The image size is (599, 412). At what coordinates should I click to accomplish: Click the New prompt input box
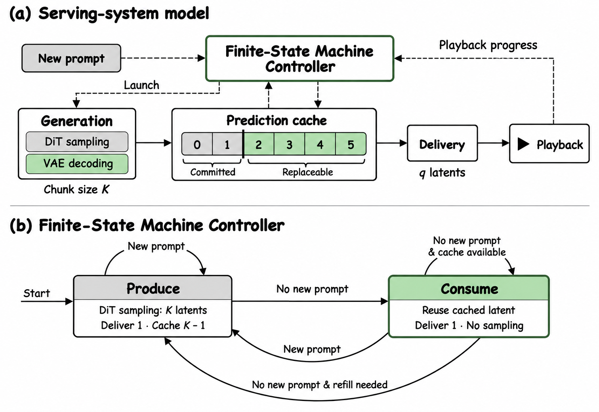[x=71, y=58]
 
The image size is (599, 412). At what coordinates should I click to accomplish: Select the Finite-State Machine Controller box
[x=299, y=59]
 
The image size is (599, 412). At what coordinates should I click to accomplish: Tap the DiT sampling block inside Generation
[x=77, y=142]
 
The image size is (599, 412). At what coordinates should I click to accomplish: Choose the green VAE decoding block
[x=77, y=164]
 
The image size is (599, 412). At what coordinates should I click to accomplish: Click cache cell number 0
[x=197, y=144]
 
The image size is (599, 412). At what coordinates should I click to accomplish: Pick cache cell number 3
[x=289, y=144]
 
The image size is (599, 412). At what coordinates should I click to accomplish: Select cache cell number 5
[x=351, y=144]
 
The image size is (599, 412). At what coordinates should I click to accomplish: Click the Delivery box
[x=442, y=143]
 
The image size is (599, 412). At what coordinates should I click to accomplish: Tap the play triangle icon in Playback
[x=523, y=144]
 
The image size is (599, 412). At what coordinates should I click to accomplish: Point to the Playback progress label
[x=488, y=45]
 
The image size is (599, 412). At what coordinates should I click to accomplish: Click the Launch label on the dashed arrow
[x=141, y=85]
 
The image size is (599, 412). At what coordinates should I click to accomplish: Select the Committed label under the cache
[x=213, y=172]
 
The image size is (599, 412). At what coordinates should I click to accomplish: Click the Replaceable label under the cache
[x=308, y=172]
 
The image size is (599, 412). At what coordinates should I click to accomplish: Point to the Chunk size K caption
[x=77, y=189]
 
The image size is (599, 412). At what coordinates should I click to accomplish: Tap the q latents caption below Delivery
[x=442, y=173]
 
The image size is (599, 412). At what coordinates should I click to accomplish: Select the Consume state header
[x=469, y=288]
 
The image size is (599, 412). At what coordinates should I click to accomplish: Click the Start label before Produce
[x=36, y=293]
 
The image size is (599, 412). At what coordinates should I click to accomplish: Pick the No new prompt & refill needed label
[x=320, y=385]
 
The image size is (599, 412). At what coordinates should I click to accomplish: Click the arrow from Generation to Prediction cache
[x=153, y=143]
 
